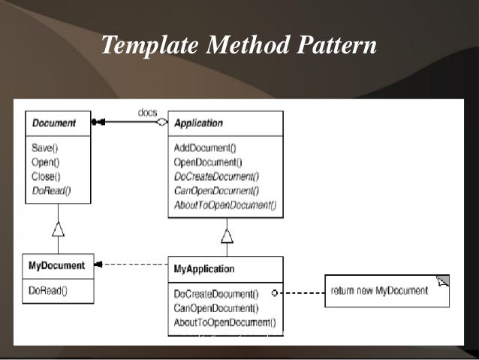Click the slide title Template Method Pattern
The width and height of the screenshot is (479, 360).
(238, 45)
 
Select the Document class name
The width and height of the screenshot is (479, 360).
(54, 123)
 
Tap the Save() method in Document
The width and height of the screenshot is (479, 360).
(45, 149)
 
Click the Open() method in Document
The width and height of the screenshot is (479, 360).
(46, 162)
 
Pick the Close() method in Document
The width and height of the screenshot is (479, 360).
(47, 175)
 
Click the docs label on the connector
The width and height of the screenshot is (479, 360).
(147, 113)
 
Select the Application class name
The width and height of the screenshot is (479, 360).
(198, 123)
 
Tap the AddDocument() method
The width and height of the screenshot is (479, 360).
(205, 149)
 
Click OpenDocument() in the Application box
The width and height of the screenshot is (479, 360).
(208, 162)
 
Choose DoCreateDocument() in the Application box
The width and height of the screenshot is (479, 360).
(216, 176)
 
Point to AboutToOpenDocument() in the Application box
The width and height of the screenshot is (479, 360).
(224, 204)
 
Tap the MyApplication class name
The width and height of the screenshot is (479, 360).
(204, 268)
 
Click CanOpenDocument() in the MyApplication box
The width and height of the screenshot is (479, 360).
(215, 307)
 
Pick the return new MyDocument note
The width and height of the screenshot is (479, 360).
(379, 291)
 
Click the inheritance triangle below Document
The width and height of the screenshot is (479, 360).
(58, 229)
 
